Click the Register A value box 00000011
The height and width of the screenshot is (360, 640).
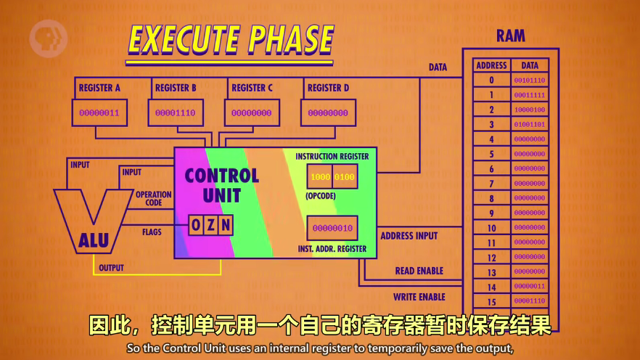coord(99,113)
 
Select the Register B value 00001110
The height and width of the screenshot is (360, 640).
coord(176,113)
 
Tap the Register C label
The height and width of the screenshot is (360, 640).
coord(252,89)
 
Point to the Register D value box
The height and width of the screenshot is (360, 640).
coord(328,113)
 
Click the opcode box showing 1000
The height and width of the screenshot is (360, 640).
coord(320,177)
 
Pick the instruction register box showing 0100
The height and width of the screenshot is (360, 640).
coord(345,177)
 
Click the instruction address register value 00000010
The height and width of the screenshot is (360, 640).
coord(332,229)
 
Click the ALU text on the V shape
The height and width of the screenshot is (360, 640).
coord(93,241)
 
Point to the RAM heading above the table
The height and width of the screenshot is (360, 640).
coord(511,36)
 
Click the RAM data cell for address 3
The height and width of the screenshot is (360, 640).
coord(530,125)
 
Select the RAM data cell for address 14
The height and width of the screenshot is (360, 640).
coord(530,287)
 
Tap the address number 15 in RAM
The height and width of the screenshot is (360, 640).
coord(491,301)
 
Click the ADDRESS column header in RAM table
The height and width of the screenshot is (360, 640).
coord(491,65)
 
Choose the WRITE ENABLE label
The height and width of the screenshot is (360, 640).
coord(419,297)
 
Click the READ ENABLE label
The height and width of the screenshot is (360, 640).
coord(419,271)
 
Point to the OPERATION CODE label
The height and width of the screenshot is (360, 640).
coord(154,199)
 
